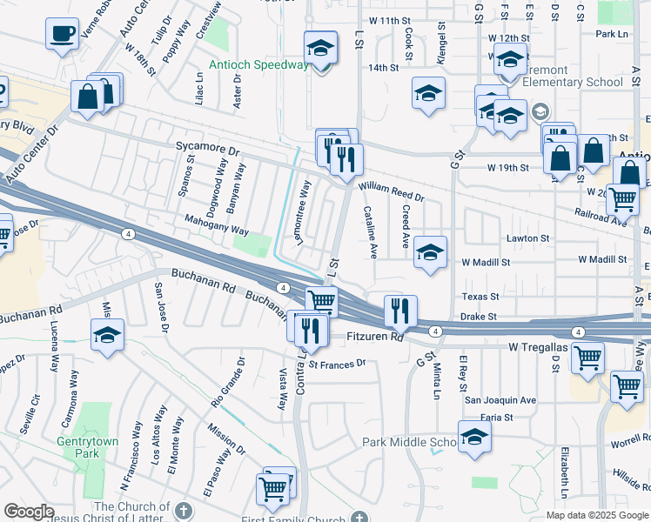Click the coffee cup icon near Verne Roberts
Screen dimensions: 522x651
62,35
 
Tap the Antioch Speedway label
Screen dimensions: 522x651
258,65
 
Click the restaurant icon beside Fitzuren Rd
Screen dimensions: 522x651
400,311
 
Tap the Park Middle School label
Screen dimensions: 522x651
408,443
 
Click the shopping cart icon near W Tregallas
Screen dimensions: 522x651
588,356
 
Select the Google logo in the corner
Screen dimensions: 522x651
30,512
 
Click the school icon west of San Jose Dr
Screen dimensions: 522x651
108,334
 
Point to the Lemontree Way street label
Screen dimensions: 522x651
304,213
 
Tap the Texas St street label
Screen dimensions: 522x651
480,297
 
